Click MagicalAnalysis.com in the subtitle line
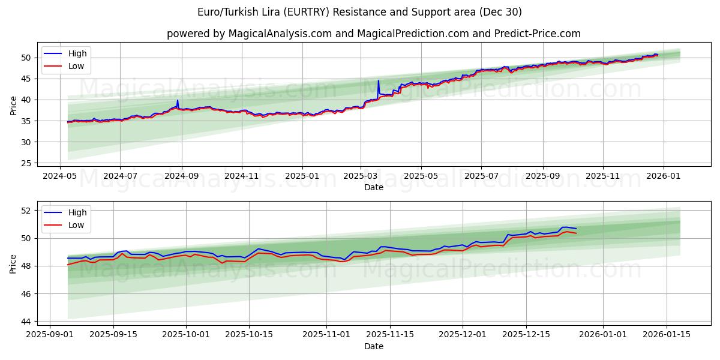coord(280,34)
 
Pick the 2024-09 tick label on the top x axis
coord(181,176)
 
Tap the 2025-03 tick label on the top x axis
coord(361,176)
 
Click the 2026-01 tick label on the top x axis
coord(664,176)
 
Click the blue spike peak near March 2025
coord(378,80)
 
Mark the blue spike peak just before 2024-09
coord(178,100)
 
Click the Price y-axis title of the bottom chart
coord(13,264)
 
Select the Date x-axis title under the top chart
coord(373,187)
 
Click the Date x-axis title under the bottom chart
coord(373,346)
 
